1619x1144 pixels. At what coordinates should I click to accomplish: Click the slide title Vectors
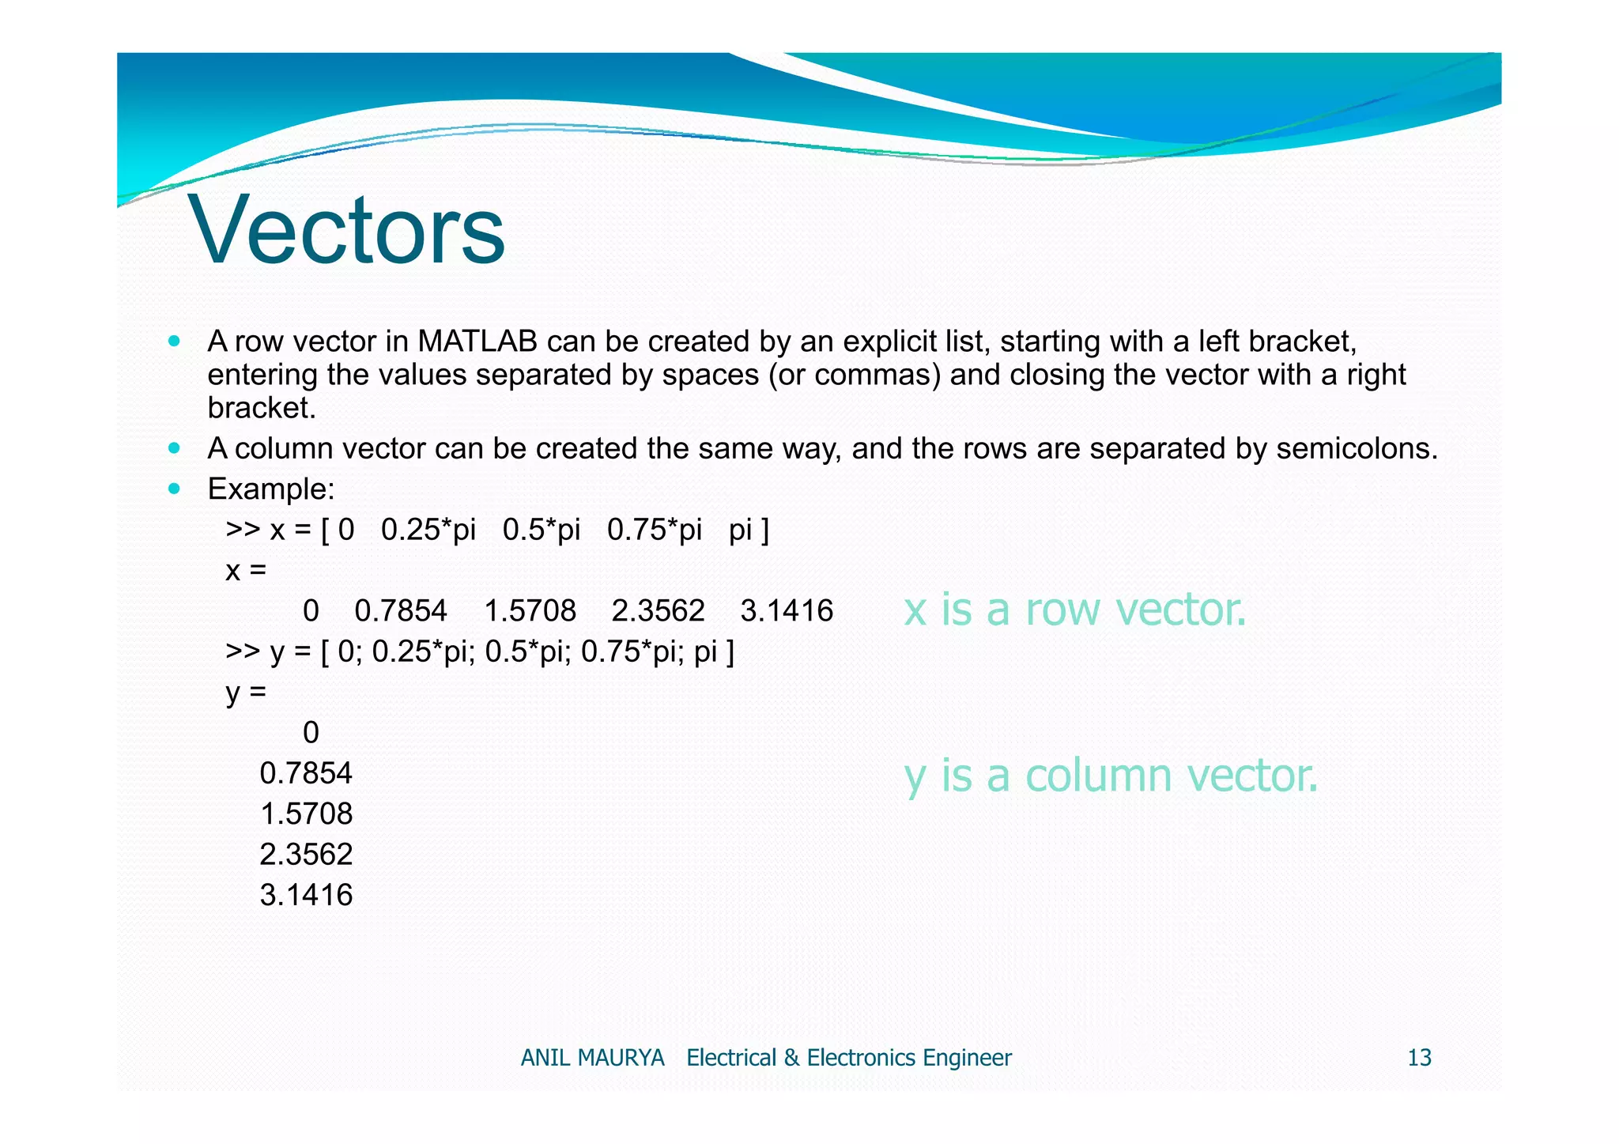point(346,231)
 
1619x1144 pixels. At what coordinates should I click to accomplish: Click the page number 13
point(1419,1058)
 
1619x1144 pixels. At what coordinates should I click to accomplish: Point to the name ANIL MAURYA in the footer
point(592,1058)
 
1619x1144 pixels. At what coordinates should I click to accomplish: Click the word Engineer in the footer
point(967,1058)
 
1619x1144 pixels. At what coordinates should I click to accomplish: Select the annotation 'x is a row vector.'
point(1074,610)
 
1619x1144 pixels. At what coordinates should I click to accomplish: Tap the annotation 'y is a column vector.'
point(1111,776)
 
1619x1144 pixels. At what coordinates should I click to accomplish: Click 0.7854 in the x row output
point(401,611)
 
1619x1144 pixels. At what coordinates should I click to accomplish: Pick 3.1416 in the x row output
point(787,611)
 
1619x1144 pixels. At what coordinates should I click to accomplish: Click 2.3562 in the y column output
point(306,855)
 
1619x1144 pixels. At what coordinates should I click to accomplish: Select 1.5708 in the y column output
point(306,814)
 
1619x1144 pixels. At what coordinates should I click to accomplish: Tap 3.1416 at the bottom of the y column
point(306,896)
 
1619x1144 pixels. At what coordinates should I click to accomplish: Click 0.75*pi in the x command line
point(654,530)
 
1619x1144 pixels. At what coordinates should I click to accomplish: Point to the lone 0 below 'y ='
point(311,733)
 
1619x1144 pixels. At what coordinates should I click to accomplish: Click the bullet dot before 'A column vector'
point(175,448)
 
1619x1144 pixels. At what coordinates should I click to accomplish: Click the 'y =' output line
point(246,693)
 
